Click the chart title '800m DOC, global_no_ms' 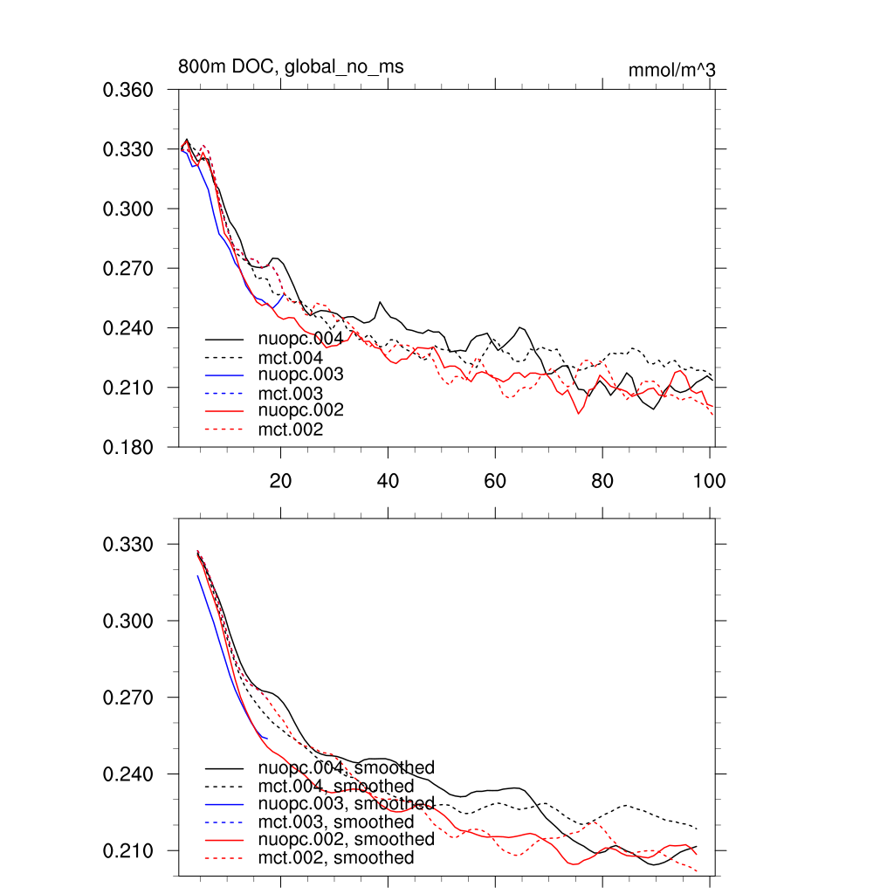[x=291, y=67]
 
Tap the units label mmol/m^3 [x=672, y=70]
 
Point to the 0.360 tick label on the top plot [x=128, y=90]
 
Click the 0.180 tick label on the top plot [x=128, y=447]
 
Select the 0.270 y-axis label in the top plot [x=128, y=269]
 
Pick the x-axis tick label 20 [x=280, y=481]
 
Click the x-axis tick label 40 [x=388, y=481]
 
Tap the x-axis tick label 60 [x=495, y=481]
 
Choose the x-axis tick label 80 [x=602, y=481]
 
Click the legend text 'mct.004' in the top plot [x=291, y=357]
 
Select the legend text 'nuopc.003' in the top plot [x=300, y=375]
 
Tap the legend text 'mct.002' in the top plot [x=291, y=430]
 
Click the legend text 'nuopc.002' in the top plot [x=300, y=410]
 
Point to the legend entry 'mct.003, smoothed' [x=336, y=822]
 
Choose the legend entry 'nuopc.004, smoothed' [x=346, y=767]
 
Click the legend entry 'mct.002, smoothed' [x=336, y=858]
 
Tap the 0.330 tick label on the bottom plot [x=128, y=545]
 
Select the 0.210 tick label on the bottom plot [x=128, y=851]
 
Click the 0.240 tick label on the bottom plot [x=128, y=774]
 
